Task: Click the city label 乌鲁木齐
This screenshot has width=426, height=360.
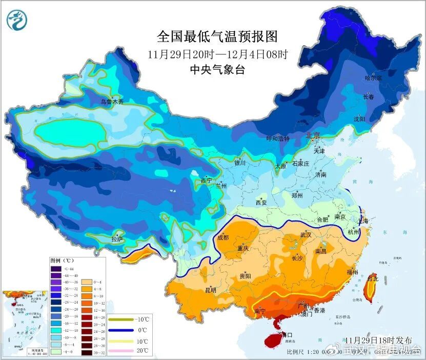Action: point(112,102)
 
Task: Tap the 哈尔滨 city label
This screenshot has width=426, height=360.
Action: point(373,78)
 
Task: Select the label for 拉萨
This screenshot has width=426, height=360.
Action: point(117,239)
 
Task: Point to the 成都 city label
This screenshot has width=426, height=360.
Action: point(223,237)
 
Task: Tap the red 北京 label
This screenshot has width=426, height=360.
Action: point(313,135)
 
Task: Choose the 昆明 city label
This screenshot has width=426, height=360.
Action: point(211,290)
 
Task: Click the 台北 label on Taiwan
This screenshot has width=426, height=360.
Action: point(373,279)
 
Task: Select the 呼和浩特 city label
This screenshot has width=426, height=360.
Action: point(277,138)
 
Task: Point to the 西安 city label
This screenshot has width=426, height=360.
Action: point(261,203)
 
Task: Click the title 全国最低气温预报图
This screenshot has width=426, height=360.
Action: point(217,36)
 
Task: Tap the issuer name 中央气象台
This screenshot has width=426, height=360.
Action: point(217,70)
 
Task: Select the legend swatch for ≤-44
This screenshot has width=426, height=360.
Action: point(55,269)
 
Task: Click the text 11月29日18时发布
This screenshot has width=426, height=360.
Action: point(378,340)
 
